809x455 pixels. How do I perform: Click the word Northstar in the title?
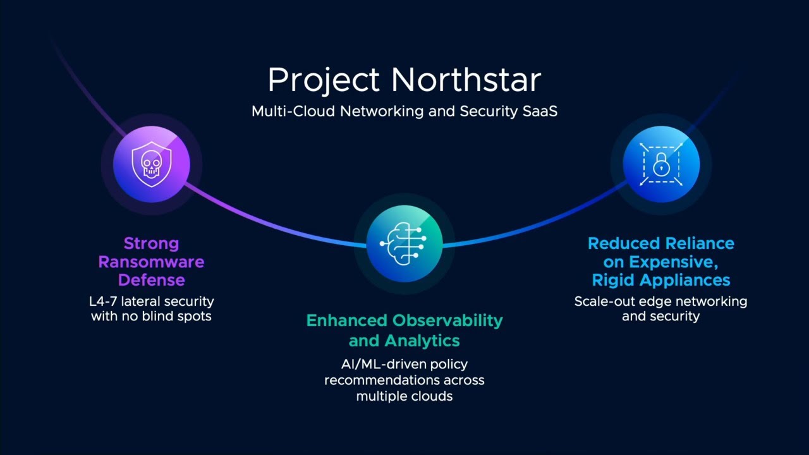(x=466, y=80)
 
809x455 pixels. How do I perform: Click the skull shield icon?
(x=151, y=164)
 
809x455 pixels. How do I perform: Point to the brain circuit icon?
(x=404, y=244)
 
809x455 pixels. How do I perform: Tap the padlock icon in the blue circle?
(x=661, y=164)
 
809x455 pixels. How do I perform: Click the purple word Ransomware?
(x=151, y=262)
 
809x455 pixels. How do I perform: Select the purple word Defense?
(x=151, y=280)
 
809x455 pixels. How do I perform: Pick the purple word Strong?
(x=151, y=244)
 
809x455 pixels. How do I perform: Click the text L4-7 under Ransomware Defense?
(x=103, y=301)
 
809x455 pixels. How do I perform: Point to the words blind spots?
(x=176, y=317)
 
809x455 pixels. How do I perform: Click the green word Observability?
(x=447, y=321)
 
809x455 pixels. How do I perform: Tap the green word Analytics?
(x=422, y=341)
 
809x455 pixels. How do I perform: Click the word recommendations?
(x=381, y=380)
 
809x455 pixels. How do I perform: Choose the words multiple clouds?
(x=404, y=396)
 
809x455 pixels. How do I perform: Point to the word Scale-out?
(x=605, y=301)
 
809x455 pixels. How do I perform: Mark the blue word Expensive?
(x=674, y=262)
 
